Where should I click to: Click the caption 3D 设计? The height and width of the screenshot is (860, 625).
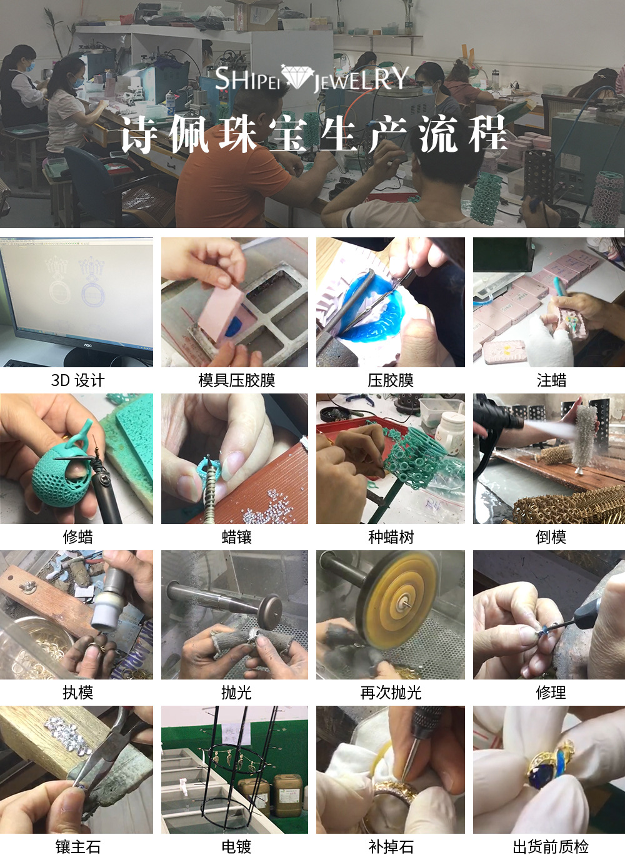pos(77,380)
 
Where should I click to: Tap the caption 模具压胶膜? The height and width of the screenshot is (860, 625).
pos(236,380)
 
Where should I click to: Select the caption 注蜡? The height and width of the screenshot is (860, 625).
pos(551,380)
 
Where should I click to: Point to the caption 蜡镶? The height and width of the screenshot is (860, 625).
pos(236,537)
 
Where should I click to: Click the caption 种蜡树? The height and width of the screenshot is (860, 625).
pos(391,537)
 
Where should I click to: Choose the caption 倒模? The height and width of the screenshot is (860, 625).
pos(551,537)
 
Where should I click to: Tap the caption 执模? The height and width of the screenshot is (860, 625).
pos(77,693)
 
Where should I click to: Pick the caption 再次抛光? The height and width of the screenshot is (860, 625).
pos(391,693)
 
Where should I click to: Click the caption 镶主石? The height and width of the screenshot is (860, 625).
pos(77,847)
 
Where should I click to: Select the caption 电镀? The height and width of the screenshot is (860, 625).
pos(236,847)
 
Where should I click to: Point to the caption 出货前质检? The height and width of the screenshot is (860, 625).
pos(551,847)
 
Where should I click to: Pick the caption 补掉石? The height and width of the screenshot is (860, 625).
pos(391,847)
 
